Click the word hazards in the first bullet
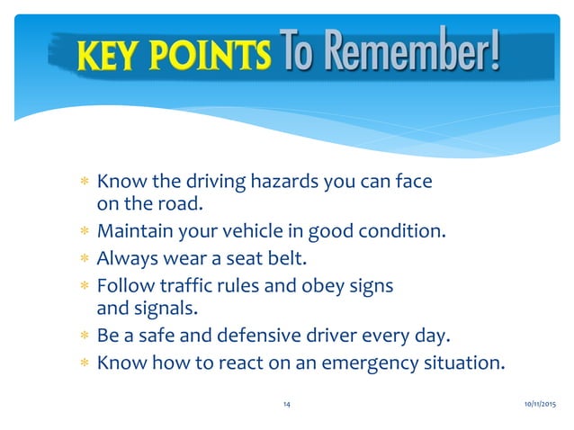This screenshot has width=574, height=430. coord(260,183)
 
